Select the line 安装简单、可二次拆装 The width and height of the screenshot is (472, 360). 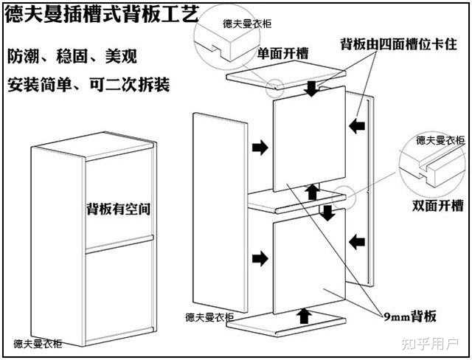point(88,84)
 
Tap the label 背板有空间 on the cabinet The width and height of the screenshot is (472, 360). point(119,209)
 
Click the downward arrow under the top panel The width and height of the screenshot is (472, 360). point(313,88)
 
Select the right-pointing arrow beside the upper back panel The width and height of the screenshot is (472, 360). point(260,148)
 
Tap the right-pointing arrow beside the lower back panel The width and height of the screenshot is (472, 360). point(260,258)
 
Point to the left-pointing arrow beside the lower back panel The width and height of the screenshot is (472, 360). point(358,240)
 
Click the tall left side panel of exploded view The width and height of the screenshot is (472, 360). point(219,210)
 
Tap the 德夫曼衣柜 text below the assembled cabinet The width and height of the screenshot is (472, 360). point(38,344)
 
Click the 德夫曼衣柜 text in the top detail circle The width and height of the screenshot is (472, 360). point(246,23)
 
